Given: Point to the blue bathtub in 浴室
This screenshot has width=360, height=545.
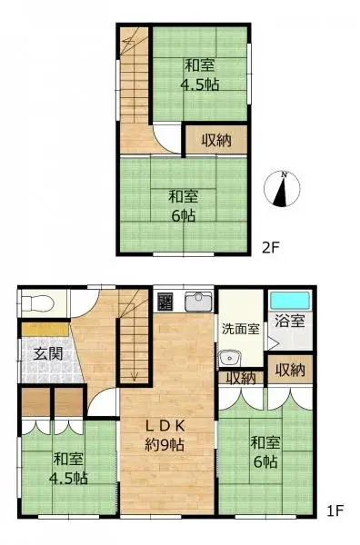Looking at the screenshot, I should [289, 299].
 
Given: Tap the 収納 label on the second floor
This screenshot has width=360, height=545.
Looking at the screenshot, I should [215, 141].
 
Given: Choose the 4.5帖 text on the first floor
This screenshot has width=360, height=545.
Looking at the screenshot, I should [68, 478].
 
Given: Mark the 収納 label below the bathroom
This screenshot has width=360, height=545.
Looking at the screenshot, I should [290, 371].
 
